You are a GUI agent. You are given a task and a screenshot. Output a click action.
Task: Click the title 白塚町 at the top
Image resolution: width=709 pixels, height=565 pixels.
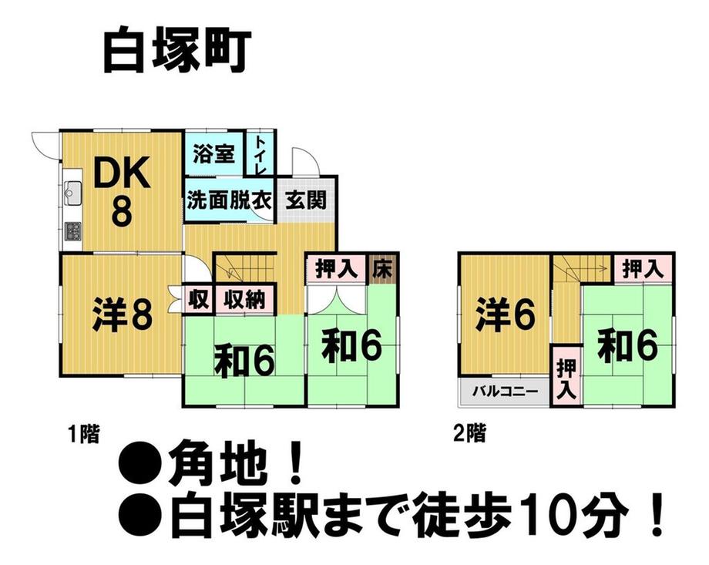176,51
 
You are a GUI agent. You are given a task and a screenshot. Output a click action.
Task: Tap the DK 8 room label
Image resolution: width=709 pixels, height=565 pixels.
121,191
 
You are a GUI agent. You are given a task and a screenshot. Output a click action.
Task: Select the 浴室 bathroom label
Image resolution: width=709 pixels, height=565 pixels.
214,153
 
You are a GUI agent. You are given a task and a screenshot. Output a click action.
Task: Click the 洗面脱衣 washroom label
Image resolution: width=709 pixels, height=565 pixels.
229,200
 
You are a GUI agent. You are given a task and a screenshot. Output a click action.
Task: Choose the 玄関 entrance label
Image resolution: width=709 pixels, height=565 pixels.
306,200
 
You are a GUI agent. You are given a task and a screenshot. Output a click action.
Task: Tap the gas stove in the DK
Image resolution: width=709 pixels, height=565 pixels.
72,230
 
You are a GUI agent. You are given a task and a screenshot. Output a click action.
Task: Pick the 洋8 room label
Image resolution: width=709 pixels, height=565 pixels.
122,314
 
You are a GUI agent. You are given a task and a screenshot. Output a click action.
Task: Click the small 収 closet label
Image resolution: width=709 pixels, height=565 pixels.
198,299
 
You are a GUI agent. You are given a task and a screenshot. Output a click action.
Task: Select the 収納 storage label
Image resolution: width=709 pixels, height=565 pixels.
244,299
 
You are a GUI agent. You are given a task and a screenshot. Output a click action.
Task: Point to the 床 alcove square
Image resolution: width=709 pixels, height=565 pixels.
382,269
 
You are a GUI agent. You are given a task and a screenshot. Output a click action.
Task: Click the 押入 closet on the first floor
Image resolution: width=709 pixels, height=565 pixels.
337,270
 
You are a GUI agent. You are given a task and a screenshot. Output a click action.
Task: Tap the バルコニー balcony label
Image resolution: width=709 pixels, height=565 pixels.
505,390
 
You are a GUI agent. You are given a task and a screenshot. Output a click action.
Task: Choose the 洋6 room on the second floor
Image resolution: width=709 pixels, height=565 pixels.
505,315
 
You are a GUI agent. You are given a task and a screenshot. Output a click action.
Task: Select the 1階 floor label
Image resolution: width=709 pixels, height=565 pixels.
83,433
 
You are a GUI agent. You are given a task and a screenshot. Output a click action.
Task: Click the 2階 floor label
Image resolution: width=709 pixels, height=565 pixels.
469,433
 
